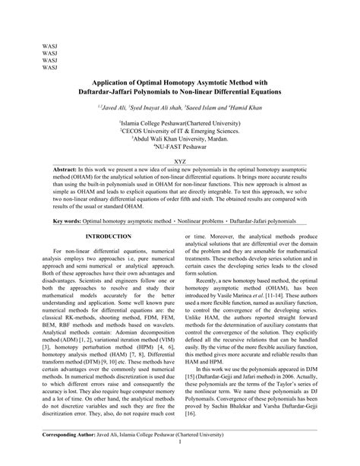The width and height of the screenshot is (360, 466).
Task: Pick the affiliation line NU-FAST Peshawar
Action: tap(180, 147)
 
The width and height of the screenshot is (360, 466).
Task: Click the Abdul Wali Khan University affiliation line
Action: tap(180, 139)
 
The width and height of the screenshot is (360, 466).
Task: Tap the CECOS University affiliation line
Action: tap(180, 131)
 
